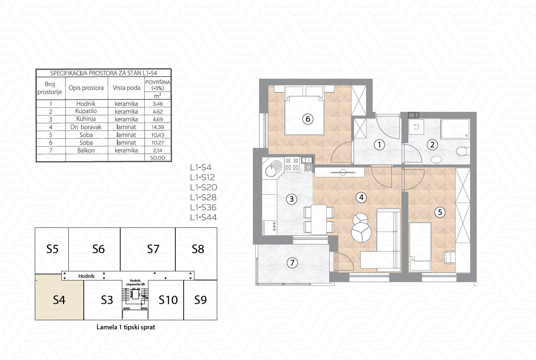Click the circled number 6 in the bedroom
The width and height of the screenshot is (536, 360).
tap(308, 119)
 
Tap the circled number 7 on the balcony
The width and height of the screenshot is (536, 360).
tap(292, 263)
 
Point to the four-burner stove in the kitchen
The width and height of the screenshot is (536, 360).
tap(292, 164)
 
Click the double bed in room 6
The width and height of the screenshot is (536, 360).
tap(304, 116)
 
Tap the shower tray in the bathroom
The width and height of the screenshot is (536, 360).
tap(455, 129)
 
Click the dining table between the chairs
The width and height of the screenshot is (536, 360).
tap(319, 219)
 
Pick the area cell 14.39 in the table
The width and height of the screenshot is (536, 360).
tap(158, 127)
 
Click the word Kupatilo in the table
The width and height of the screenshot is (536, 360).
tap(86, 111)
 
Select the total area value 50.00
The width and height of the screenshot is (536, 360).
tap(158, 158)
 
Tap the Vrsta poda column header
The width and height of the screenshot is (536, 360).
tap(126, 88)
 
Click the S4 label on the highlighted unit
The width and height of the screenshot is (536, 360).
tap(59, 300)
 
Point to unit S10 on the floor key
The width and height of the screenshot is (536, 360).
tap(168, 300)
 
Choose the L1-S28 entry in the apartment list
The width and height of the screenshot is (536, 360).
tap(204, 197)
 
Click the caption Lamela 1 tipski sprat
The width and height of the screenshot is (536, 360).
tap(126, 327)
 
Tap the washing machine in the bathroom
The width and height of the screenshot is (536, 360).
tap(416, 127)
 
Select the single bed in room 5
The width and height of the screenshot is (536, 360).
tap(420, 247)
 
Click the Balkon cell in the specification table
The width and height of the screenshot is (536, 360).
tap(86, 150)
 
